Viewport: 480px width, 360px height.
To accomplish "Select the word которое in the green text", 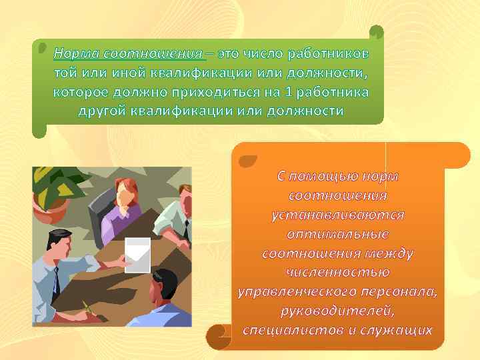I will pos(84,91).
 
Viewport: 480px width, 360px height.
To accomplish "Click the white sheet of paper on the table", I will pos(139,251).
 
